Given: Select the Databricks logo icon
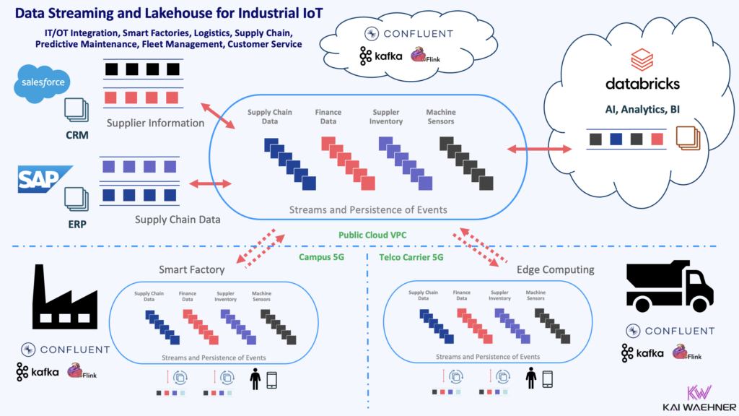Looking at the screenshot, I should (x=642, y=57).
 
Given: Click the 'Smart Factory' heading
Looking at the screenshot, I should (x=191, y=270).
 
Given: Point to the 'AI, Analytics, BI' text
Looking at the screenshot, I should (x=642, y=109).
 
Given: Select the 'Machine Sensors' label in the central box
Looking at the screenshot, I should (x=441, y=117).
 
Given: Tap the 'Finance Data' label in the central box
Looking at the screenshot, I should (x=328, y=117).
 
